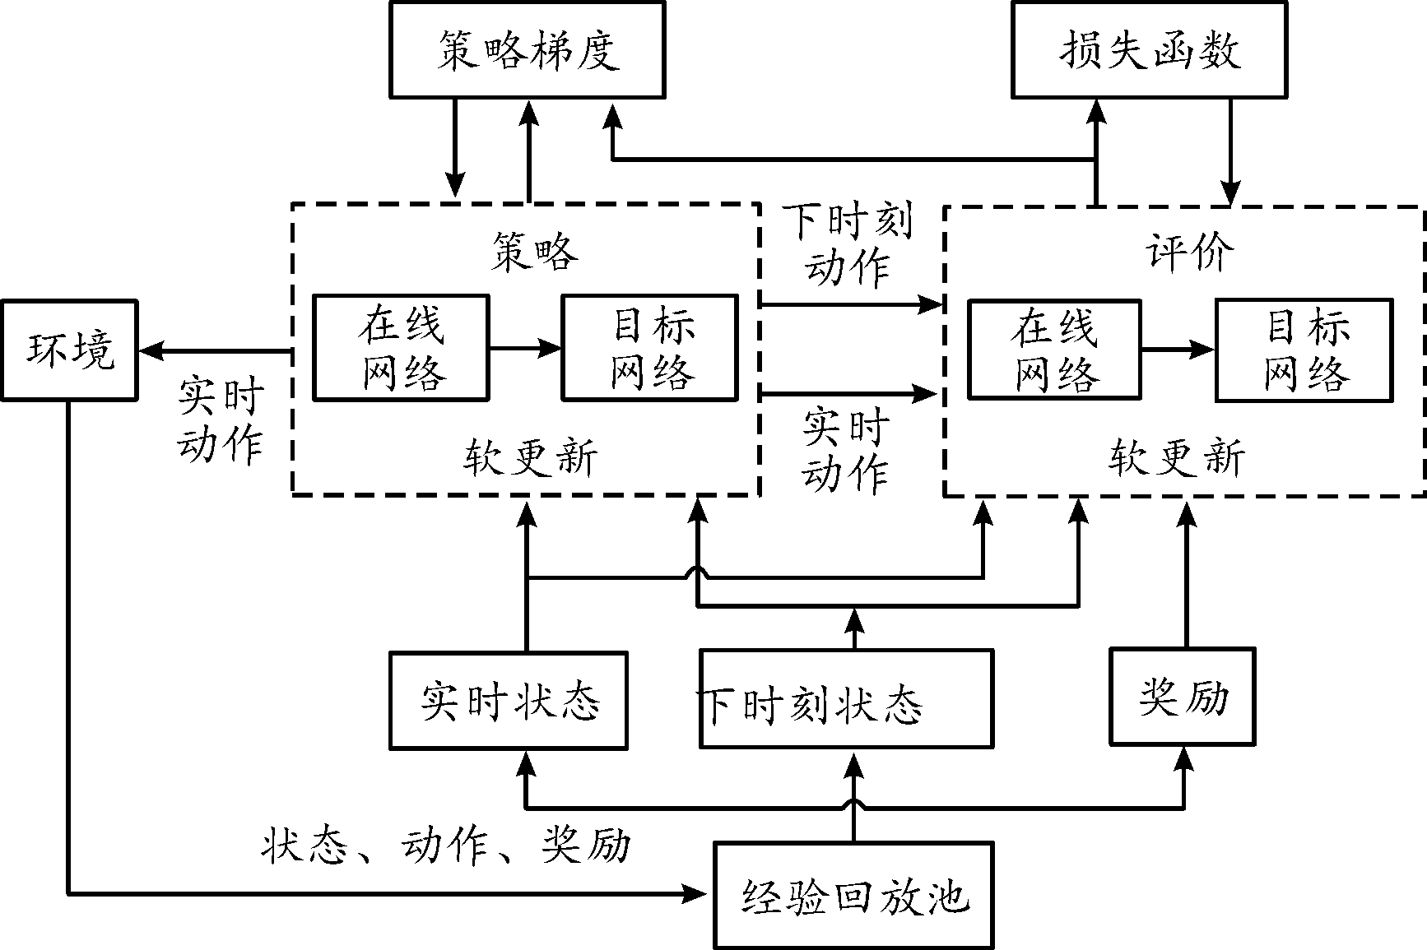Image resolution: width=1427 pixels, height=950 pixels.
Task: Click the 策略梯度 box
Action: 527,50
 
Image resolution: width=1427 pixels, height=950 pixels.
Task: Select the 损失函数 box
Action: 1149,50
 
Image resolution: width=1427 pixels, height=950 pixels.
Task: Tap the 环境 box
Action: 69,350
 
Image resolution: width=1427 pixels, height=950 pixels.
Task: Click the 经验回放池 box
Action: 853,895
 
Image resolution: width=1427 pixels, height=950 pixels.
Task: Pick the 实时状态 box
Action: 509,701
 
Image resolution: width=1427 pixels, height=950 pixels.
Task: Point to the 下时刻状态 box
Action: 846,701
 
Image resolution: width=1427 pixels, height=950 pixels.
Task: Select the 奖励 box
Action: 1183,697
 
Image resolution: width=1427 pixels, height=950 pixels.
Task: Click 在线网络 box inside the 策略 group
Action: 401,349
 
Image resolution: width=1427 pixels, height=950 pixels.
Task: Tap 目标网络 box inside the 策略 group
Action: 649,349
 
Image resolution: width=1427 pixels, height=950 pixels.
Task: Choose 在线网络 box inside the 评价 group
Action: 1054,350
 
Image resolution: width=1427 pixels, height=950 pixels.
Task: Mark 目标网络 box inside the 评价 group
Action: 1304,350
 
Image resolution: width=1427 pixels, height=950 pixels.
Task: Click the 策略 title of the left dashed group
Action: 534,250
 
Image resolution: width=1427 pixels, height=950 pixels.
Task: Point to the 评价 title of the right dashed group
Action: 1189,250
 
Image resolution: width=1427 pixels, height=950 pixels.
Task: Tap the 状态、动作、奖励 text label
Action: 446,846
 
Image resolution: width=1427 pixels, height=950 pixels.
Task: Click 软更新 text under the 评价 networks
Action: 1176,457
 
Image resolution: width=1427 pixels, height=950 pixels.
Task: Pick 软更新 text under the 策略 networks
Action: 530,457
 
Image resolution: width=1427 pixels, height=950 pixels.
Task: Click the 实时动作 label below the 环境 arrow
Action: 220,421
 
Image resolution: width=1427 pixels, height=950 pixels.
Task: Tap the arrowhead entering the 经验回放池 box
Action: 700,893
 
